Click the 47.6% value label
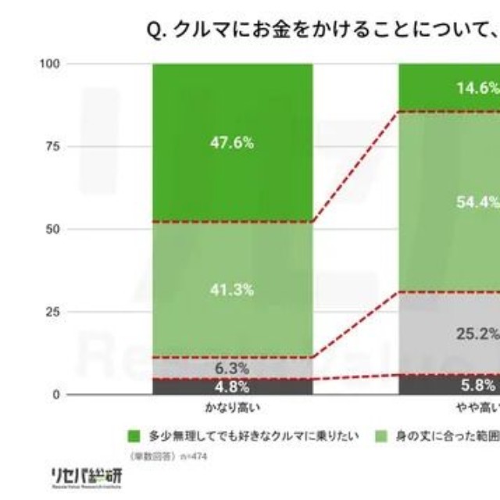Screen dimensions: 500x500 click(x=232, y=143)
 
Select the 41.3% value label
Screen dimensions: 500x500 click(x=232, y=290)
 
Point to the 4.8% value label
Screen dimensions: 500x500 click(x=232, y=386)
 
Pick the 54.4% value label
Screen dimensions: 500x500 click(x=477, y=202)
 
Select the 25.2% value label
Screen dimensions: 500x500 click(x=477, y=334)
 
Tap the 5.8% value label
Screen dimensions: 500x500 click(x=477, y=385)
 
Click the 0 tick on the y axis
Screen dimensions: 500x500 click(x=56, y=395)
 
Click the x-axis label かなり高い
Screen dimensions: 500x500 click(x=232, y=409)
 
